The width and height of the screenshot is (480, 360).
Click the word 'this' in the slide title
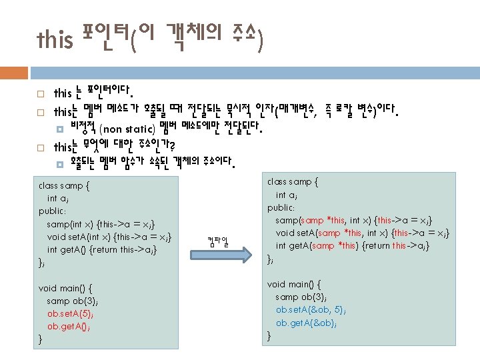(55, 41)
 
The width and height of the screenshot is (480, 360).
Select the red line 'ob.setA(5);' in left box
(71, 313)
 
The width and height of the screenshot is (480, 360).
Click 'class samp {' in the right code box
(293, 181)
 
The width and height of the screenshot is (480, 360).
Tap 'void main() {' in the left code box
(65, 287)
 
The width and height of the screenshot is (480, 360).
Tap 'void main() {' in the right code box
(294, 283)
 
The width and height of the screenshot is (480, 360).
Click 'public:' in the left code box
(53, 211)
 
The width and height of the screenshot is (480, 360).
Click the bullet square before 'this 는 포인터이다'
(41, 94)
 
